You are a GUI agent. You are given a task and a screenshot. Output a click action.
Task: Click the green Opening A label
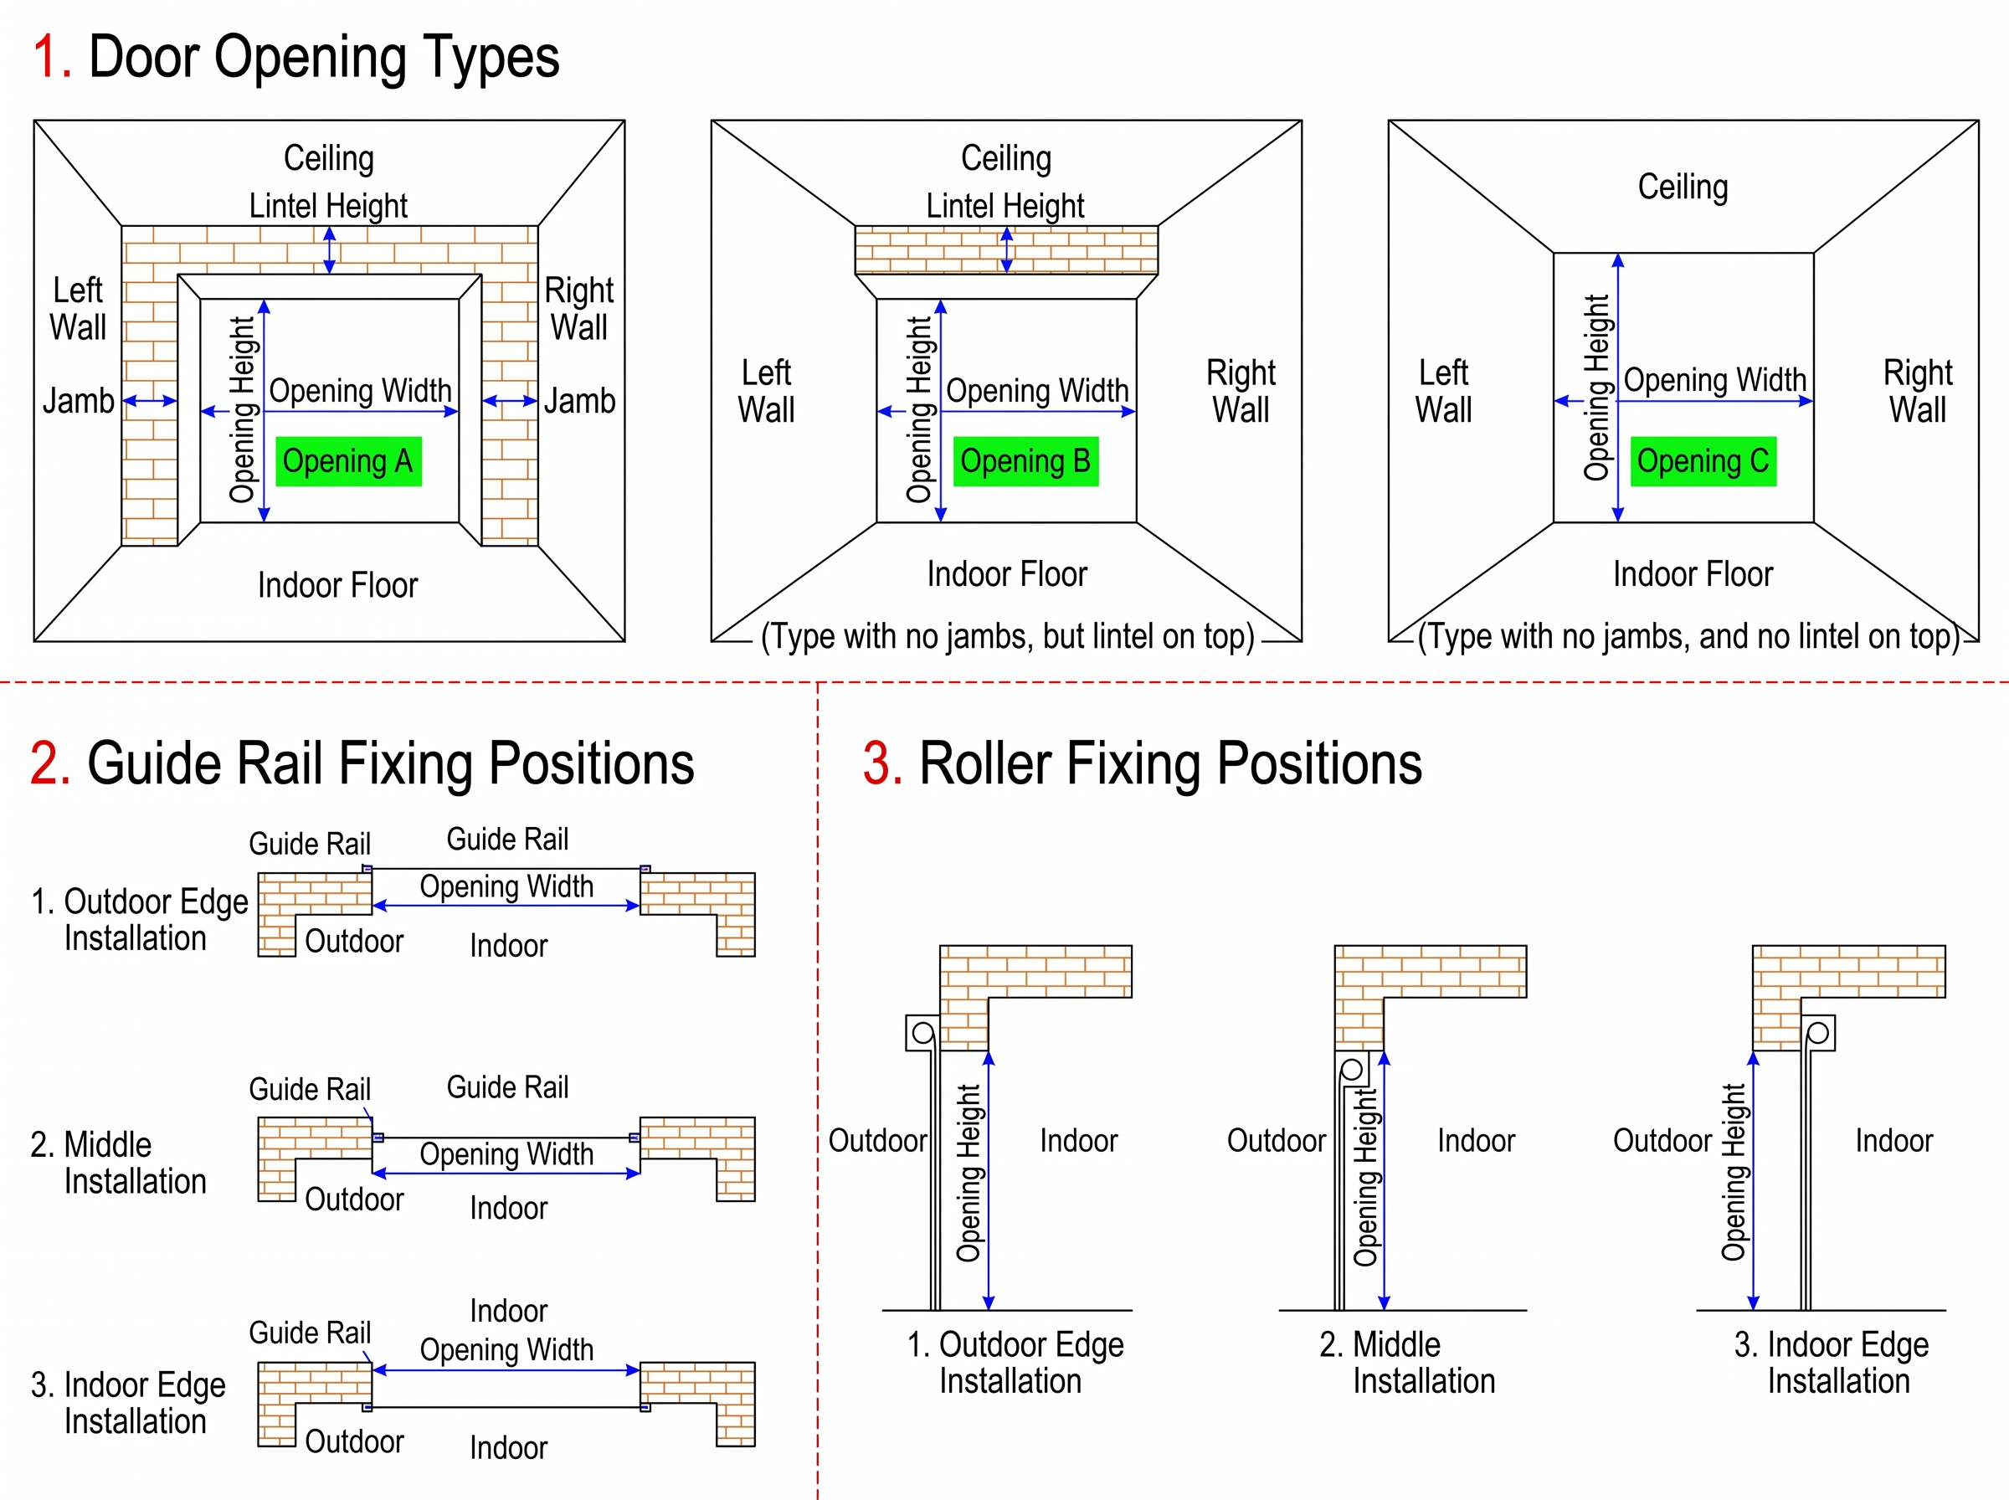tap(348, 461)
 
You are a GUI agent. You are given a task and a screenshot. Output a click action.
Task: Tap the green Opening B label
tap(1025, 461)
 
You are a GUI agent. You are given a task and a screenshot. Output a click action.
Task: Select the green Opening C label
tap(1703, 461)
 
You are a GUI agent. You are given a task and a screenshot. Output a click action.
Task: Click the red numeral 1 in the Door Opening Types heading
tap(51, 56)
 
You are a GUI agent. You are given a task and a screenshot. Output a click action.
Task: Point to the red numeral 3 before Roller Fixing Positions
tap(881, 763)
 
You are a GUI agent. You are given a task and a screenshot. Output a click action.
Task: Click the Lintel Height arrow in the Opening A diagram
tap(330, 249)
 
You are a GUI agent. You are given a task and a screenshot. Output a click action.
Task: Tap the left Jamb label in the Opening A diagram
tap(78, 400)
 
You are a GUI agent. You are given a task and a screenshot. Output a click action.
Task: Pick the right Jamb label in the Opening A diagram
tap(579, 400)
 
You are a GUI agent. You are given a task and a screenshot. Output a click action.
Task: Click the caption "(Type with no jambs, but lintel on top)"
tap(1008, 636)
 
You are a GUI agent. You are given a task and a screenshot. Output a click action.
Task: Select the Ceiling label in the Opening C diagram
tap(1683, 186)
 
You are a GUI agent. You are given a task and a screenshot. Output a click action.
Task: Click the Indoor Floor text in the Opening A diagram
tap(337, 585)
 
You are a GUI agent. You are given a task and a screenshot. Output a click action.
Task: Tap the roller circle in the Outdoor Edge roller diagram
tap(922, 1032)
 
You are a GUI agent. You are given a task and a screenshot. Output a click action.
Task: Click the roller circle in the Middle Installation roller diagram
tap(1352, 1069)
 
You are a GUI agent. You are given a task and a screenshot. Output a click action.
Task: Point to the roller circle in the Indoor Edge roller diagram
tap(1817, 1033)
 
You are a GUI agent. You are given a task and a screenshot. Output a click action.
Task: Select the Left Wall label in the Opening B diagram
tap(766, 390)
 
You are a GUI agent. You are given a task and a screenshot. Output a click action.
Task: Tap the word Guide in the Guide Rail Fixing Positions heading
tap(158, 763)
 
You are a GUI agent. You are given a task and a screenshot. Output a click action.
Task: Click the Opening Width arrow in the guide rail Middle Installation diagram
tap(506, 1173)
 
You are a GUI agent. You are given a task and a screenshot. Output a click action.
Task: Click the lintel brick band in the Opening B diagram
tap(1006, 249)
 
